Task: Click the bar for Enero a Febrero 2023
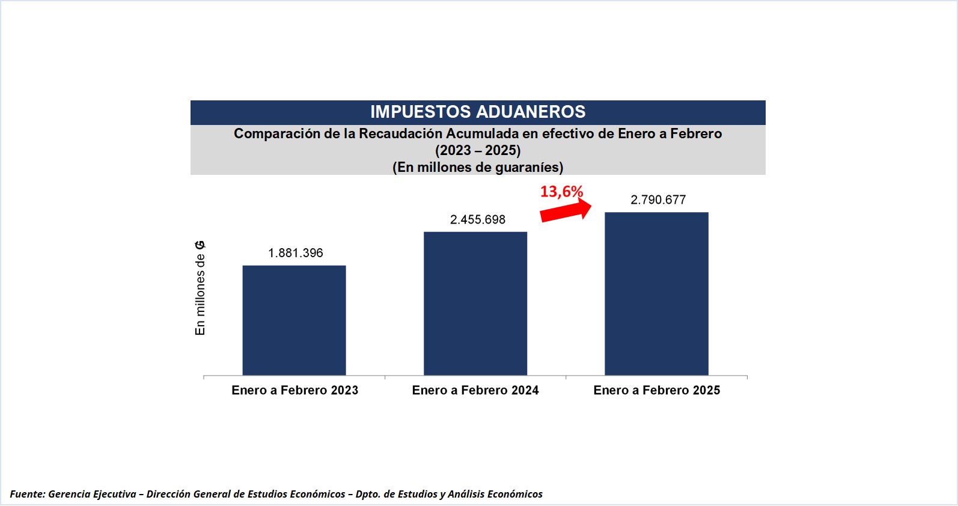(294, 320)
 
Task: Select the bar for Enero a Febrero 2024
(475, 303)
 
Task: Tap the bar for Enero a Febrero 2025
(656, 294)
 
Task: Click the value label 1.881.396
(296, 253)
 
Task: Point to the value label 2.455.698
(478, 220)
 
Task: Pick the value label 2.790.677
(658, 200)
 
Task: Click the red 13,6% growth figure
(561, 192)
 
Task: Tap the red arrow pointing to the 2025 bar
(566, 211)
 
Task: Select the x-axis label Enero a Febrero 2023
(294, 391)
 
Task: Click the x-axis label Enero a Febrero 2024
(475, 391)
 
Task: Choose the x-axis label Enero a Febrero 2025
(656, 391)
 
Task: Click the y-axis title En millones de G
(200, 288)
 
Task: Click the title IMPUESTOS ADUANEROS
(478, 112)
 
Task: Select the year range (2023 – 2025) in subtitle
(478, 150)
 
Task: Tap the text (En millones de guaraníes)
(478, 167)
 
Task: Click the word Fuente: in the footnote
(28, 494)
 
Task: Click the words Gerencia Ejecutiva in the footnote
(92, 494)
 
